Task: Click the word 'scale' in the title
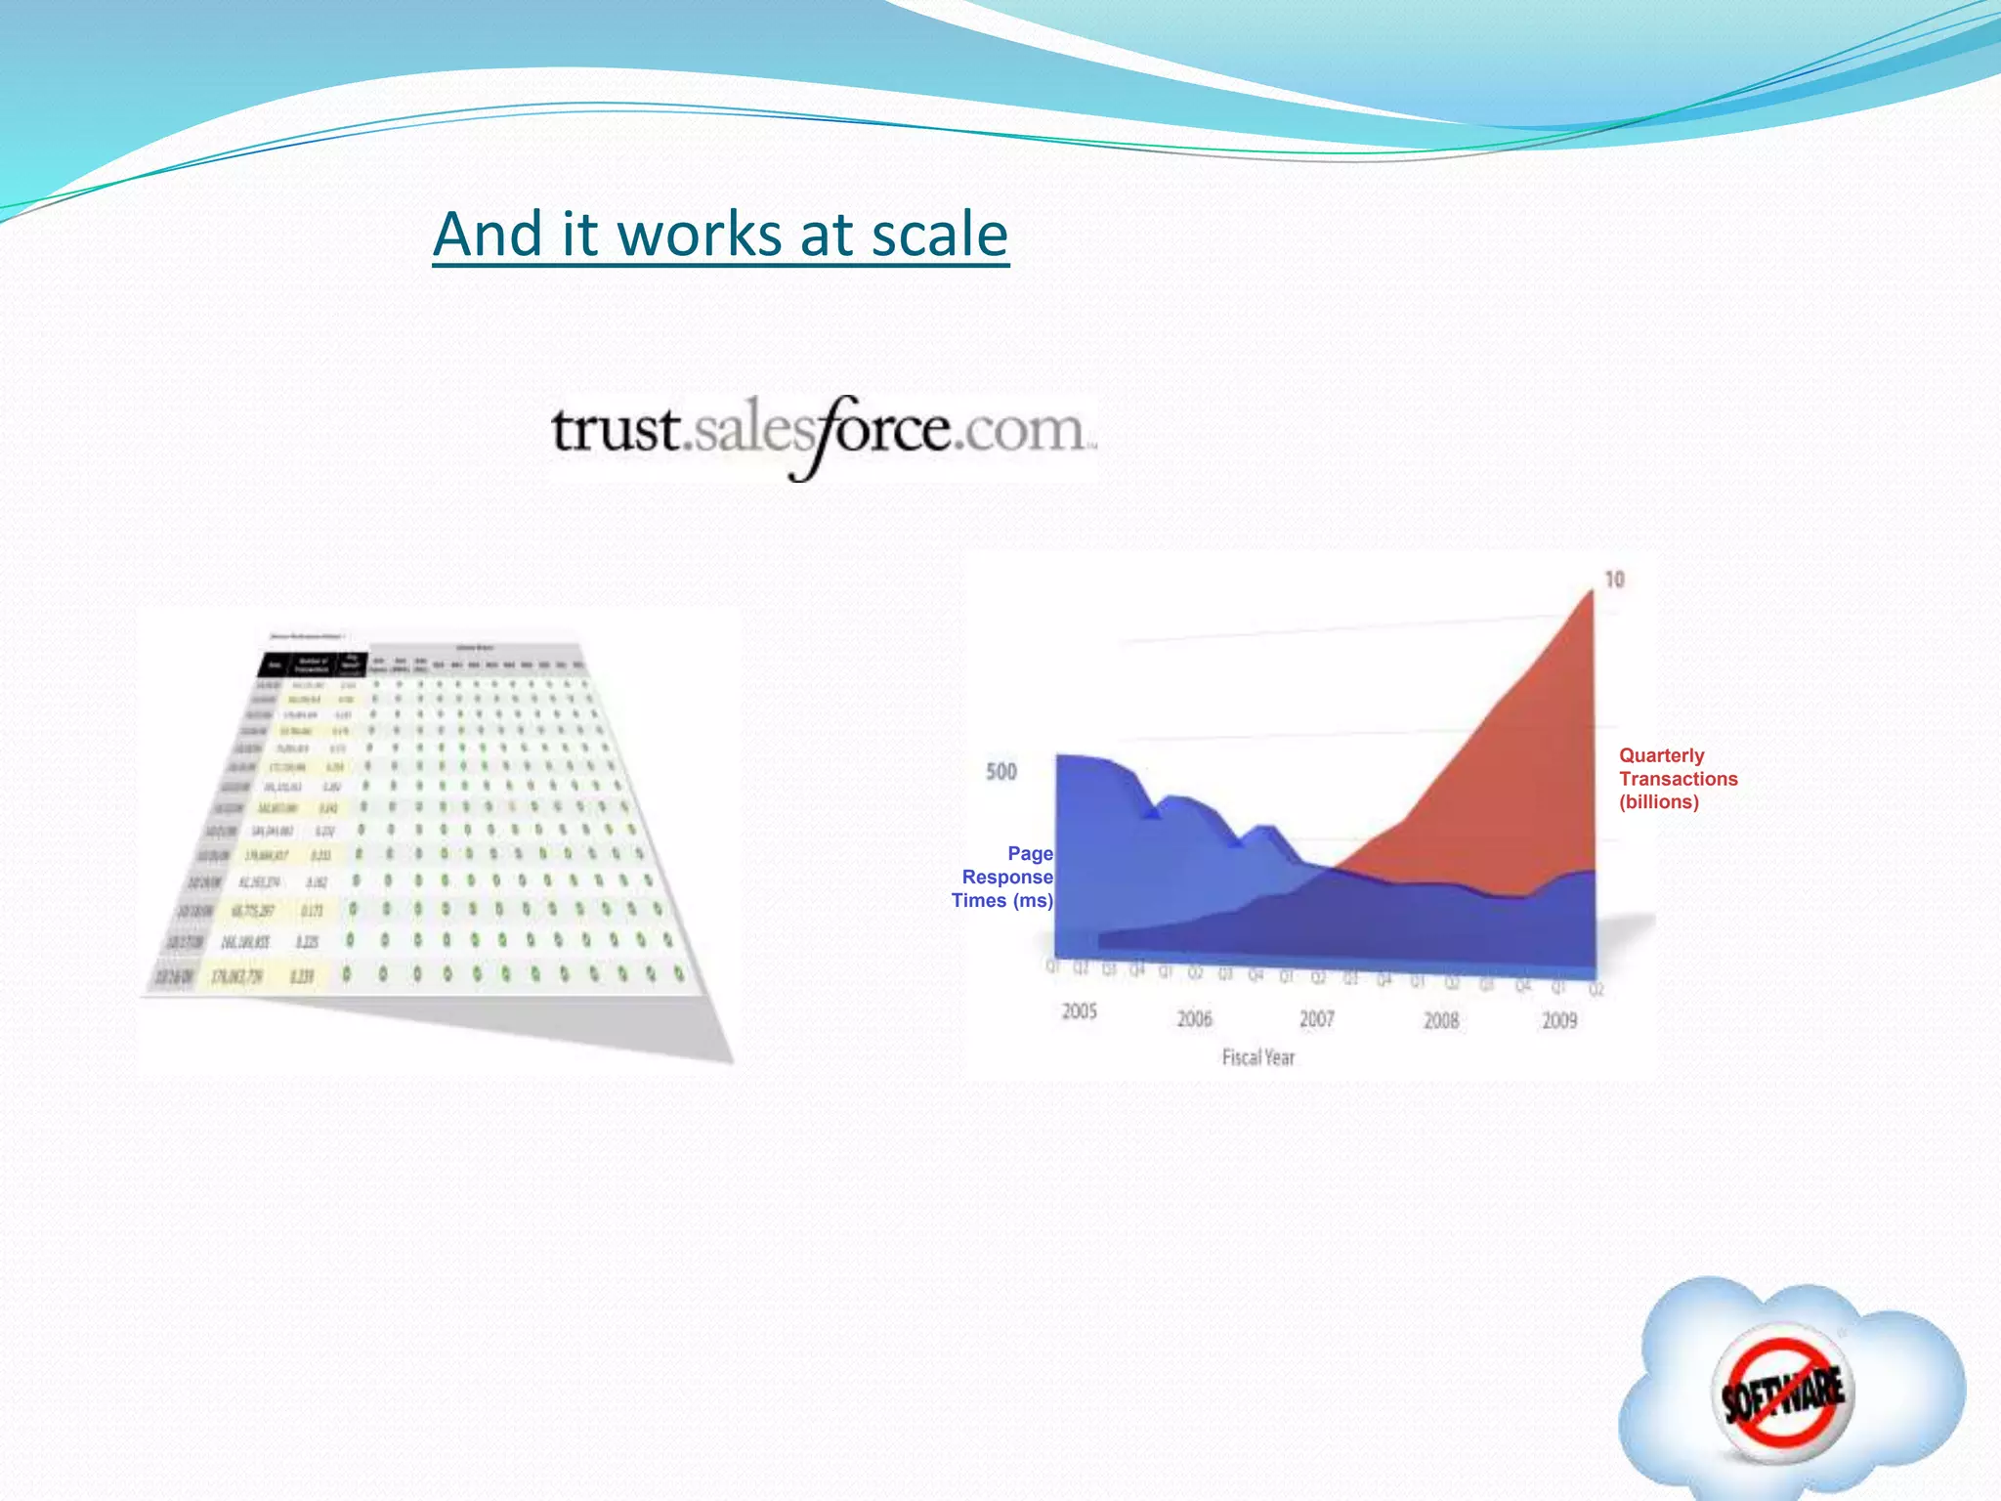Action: pos(939,236)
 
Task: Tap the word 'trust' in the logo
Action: pos(616,430)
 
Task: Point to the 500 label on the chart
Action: pos(1001,772)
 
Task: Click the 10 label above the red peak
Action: pos(1614,579)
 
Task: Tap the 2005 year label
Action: pos(1080,1011)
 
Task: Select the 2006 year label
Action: pos(1194,1019)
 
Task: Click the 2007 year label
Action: pos(1316,1019)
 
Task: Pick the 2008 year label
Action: pos(1440,1020)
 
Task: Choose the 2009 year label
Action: pos(1559,1020)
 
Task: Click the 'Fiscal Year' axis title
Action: pos(1258,1057)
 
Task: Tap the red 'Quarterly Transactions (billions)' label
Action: pos(1678,779)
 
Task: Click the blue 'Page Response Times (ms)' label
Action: pos(1004,878)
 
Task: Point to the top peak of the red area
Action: pos(1591,592)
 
